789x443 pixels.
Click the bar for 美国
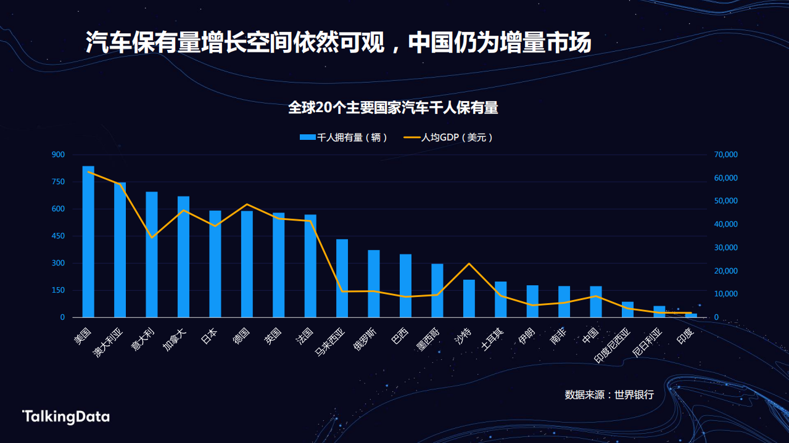(88, 242)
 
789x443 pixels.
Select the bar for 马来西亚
(342, 278)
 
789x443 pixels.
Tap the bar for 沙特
(469, 298)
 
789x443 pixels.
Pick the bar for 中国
(596, 301)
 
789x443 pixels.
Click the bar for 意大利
(152, 254)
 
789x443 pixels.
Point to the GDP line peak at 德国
(247, 204)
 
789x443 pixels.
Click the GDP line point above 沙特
(469, 264)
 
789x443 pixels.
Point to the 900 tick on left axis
(58, 155)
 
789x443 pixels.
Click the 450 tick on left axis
(58, 236)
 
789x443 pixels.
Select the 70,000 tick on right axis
(725, 155)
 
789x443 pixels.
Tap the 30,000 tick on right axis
(725, 248)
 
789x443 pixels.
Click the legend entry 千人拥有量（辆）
(344, 137)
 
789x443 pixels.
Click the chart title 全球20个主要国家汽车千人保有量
(394, 108)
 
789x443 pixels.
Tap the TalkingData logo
(66, 417)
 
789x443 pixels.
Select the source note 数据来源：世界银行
(609, 395)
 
